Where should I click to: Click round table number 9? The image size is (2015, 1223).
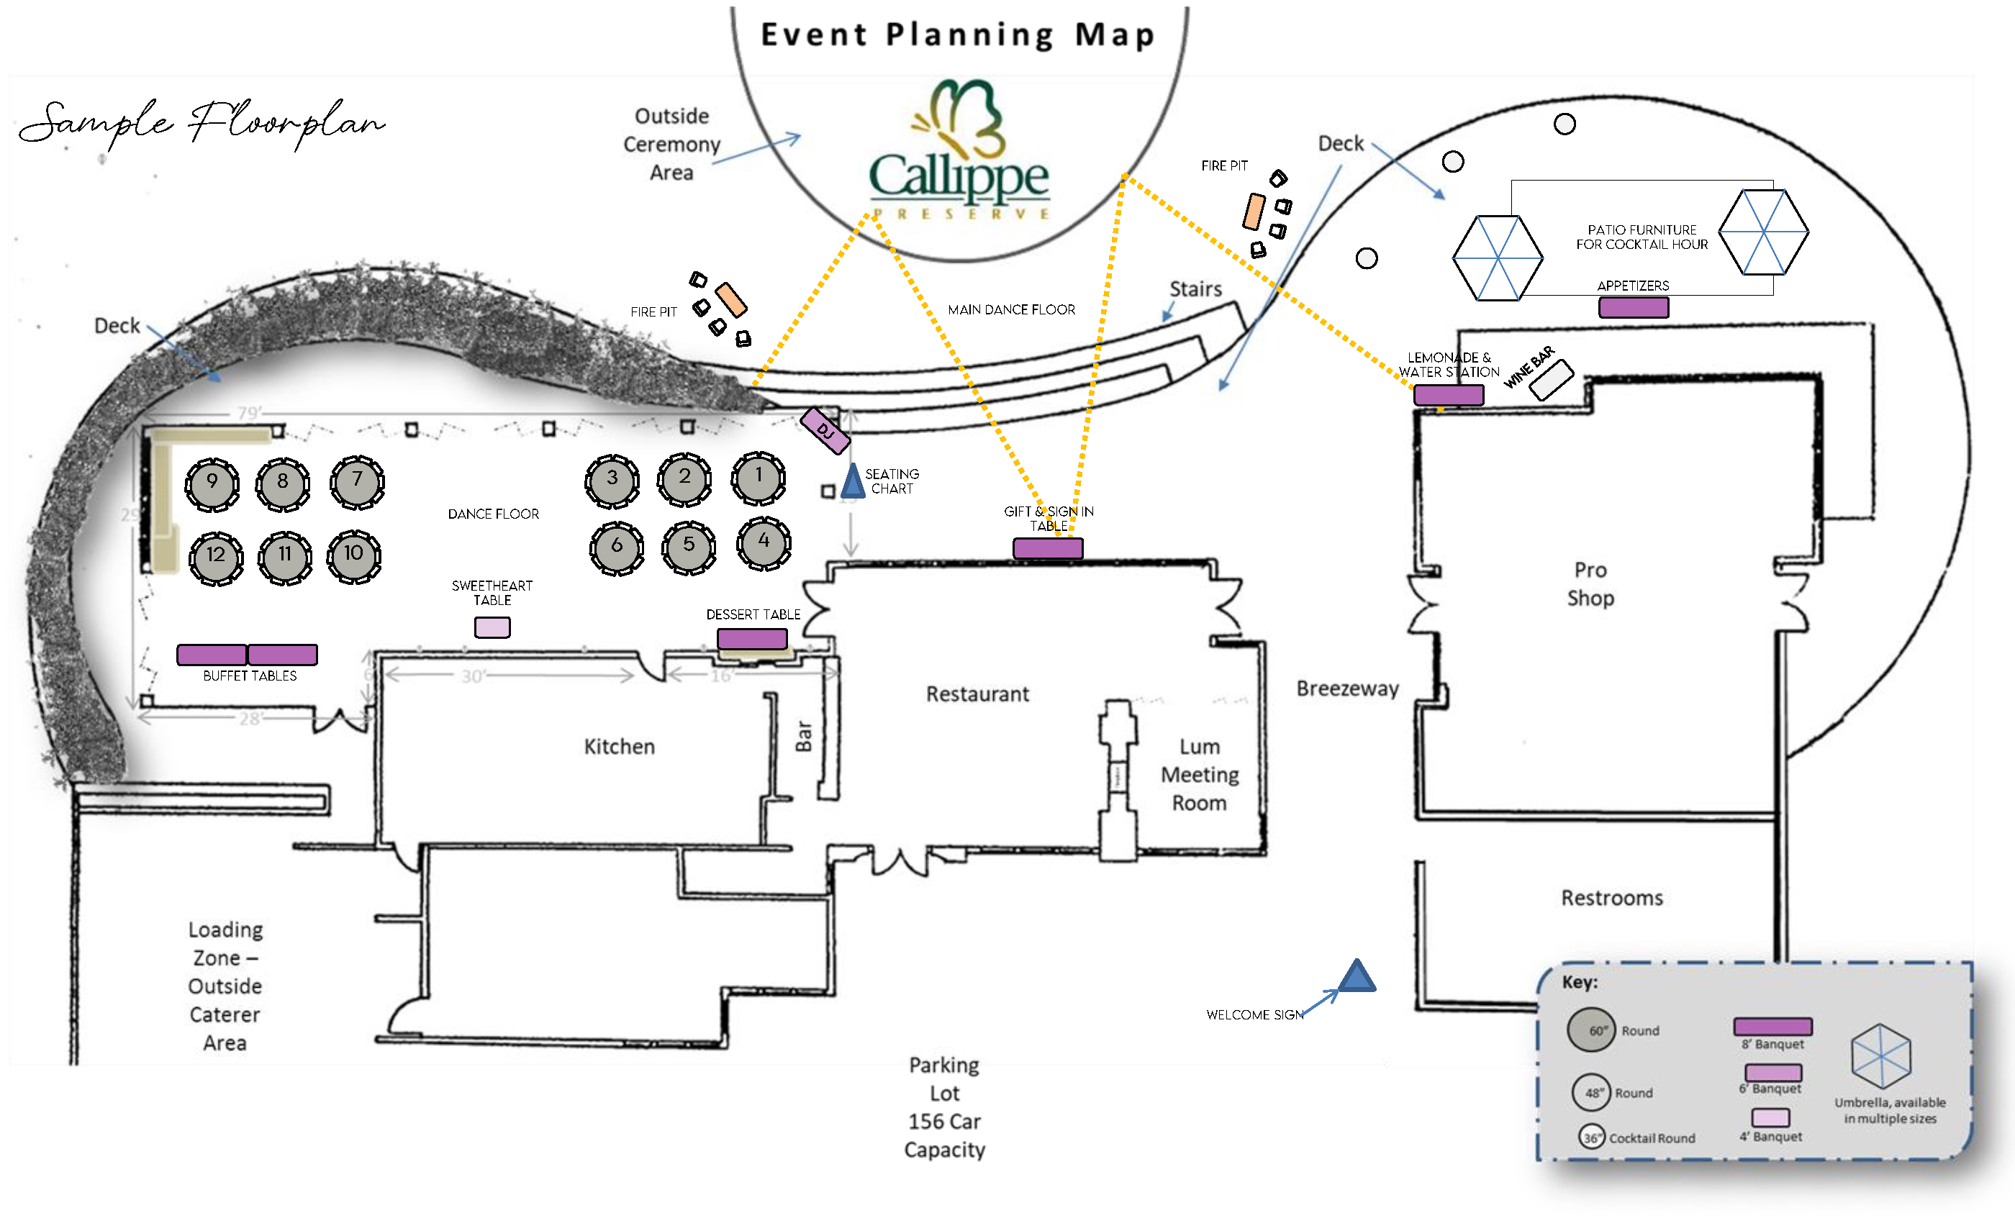pyautogui.click(x=212, y=484)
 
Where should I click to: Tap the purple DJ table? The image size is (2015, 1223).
pyautogui.click(x=824, y=430)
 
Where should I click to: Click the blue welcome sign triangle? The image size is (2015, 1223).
pyautogui.click(x=1357, y=977)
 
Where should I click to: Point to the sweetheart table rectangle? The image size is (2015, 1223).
pyautogui.click(x=492, y=627)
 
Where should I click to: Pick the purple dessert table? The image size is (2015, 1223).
pyautogui.click(x=751, y=639)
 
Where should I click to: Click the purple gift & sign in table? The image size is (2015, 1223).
pyautogui.click(x=1048, y=547)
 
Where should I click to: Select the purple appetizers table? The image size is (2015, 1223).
pyautogui.click(x=1633, y=307)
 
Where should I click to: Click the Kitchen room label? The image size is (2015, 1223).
pyautogui.click(x=619, y=747)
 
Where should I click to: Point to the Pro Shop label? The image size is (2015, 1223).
pyautogui.click(x=1590, y=583)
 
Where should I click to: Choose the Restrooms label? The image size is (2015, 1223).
pyautogui.click(x=1611, y=898)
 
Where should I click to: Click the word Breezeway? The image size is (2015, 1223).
pyautogui.click(x=1347, y=688)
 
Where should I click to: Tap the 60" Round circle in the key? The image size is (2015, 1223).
pyautogui.click(x=1591, y=1030)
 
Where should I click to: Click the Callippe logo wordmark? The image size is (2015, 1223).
pyautogui.click(x=959, y=176)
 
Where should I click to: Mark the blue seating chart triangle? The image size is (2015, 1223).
pyautogui.click(x=852, y=482)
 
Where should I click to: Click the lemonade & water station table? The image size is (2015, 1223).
pyautogui.click(x=1448, y=395)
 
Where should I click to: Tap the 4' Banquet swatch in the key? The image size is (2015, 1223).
pyautogui.click(x=1770, y=1117)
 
